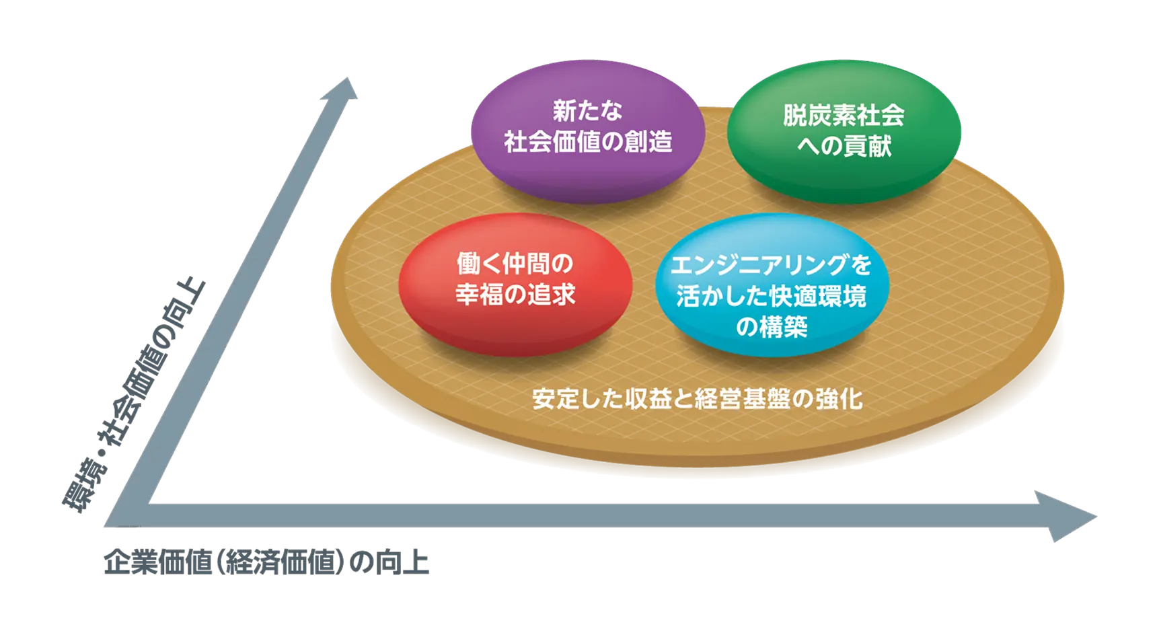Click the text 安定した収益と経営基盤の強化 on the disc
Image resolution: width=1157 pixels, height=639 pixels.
(x=697, y=400)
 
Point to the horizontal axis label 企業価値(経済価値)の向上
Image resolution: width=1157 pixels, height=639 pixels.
(x=266, y=563)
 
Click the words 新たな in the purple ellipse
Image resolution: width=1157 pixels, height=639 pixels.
(x=587, y=111)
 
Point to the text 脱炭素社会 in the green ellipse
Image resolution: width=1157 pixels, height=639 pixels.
(x=844, y=116)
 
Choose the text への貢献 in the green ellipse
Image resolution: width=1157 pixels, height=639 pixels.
(x=844, y=146)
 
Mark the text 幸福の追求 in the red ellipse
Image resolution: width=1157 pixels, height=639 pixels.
(x=515, y=295)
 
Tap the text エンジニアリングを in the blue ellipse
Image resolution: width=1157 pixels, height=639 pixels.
(x=771, y=265)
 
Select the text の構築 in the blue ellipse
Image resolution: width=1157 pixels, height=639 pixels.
(x=772, y=328)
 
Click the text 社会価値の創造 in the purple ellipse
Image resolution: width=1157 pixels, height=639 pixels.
(x=588, y=142)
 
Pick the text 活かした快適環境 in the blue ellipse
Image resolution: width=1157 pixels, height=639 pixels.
(x=772, y=297)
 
